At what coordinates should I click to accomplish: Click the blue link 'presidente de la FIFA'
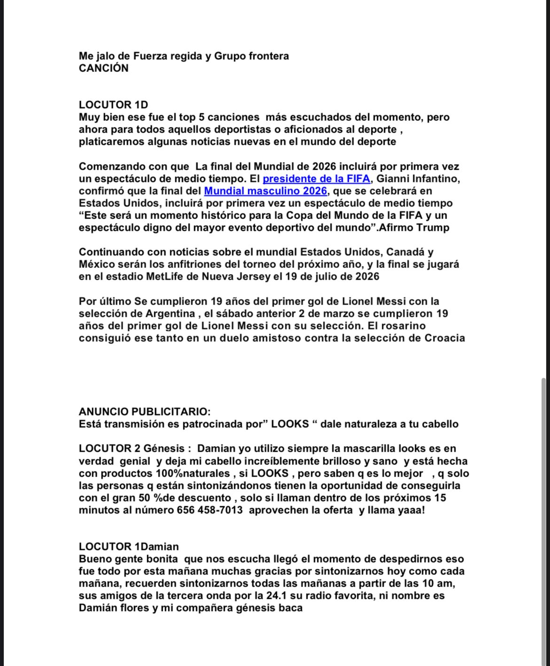[x=316, y=179]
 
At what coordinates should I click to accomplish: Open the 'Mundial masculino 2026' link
[x=265, y=191]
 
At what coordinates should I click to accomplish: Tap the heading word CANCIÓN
[x=103, y=68]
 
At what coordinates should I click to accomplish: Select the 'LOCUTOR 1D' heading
[x=113, y=105]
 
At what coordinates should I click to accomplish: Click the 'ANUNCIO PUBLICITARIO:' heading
[x=145, y=412]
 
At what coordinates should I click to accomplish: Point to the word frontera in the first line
[x=268, y=56]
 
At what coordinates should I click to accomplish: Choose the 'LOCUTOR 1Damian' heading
[x=129, y=547]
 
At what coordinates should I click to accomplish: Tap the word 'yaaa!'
[x=411, y=510]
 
